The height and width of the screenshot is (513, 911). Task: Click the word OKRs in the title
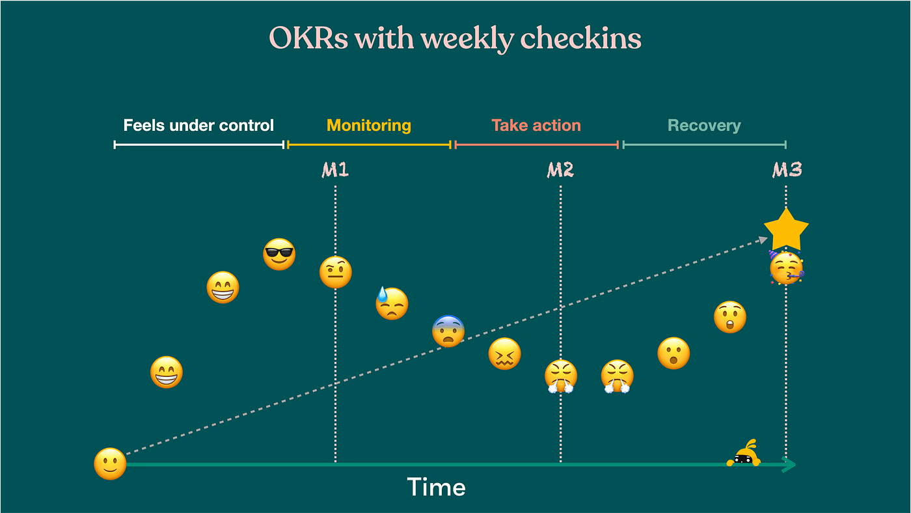click(308, 39)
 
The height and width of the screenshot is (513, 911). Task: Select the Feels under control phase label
click(198, 126)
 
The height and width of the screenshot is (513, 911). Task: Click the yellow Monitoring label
click(369, 126)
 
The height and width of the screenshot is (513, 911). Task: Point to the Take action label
click(536, 126)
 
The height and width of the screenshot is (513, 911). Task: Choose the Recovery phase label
click(704, 126)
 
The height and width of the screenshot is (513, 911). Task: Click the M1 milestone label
click(335, 171)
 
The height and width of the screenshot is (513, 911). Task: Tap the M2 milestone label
click(560, 171)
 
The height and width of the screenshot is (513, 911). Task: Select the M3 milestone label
click(787, 171)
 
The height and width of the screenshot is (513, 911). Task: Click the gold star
click(786, 230)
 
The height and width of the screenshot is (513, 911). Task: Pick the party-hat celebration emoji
click(786, 268)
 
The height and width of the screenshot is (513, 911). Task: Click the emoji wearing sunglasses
click(279, 255)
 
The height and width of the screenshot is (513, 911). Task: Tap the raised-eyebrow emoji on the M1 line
click(336, 272)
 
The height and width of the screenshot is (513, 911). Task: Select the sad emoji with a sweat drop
click(392, 303)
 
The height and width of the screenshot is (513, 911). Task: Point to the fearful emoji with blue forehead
click(448, 331)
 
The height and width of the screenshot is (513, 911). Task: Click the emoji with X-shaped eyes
click(504, 354)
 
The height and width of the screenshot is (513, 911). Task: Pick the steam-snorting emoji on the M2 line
click(561, 376)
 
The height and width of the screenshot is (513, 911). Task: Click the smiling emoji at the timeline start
click(110, 464)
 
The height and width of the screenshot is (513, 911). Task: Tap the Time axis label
click(436, 488)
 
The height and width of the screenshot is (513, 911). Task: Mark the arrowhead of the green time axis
click(789, 464)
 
